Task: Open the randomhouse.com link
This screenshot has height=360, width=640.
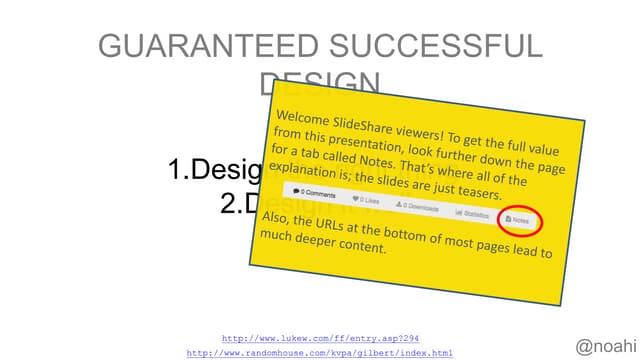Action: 320,353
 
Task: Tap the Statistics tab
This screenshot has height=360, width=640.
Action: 474,212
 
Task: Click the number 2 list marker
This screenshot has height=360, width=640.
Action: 229,203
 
